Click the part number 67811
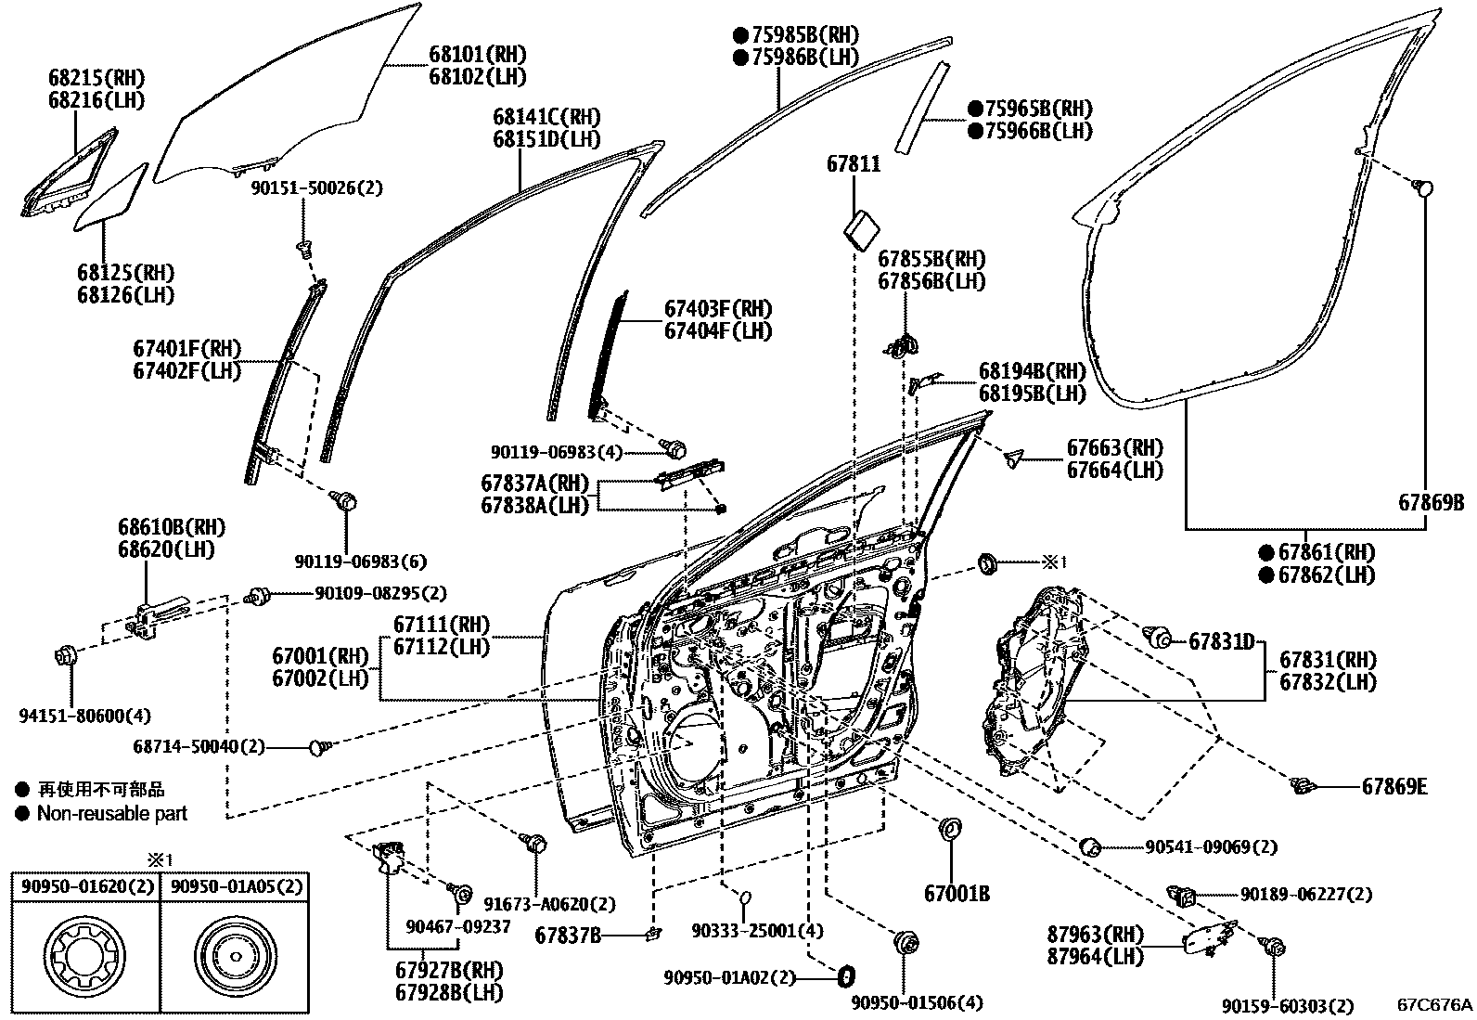coord(854,164)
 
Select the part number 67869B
coord(1431,503)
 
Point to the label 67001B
coord(956,894)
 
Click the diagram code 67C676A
coord(1434,1004)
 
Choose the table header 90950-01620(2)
coord(83,886)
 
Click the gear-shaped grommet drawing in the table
coord(83,956)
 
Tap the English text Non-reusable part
coord(111,814)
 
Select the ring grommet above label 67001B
coord(951,829)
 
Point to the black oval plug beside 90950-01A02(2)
coord(845,976)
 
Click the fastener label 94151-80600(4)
coord(84,716)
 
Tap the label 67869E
coord(1394,787)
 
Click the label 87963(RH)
coord(1094,934)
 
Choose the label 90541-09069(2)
coord(1211,846)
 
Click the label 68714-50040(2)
coord(199,745)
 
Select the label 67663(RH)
coord(1114,448)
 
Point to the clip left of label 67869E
coord(1304,787)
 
